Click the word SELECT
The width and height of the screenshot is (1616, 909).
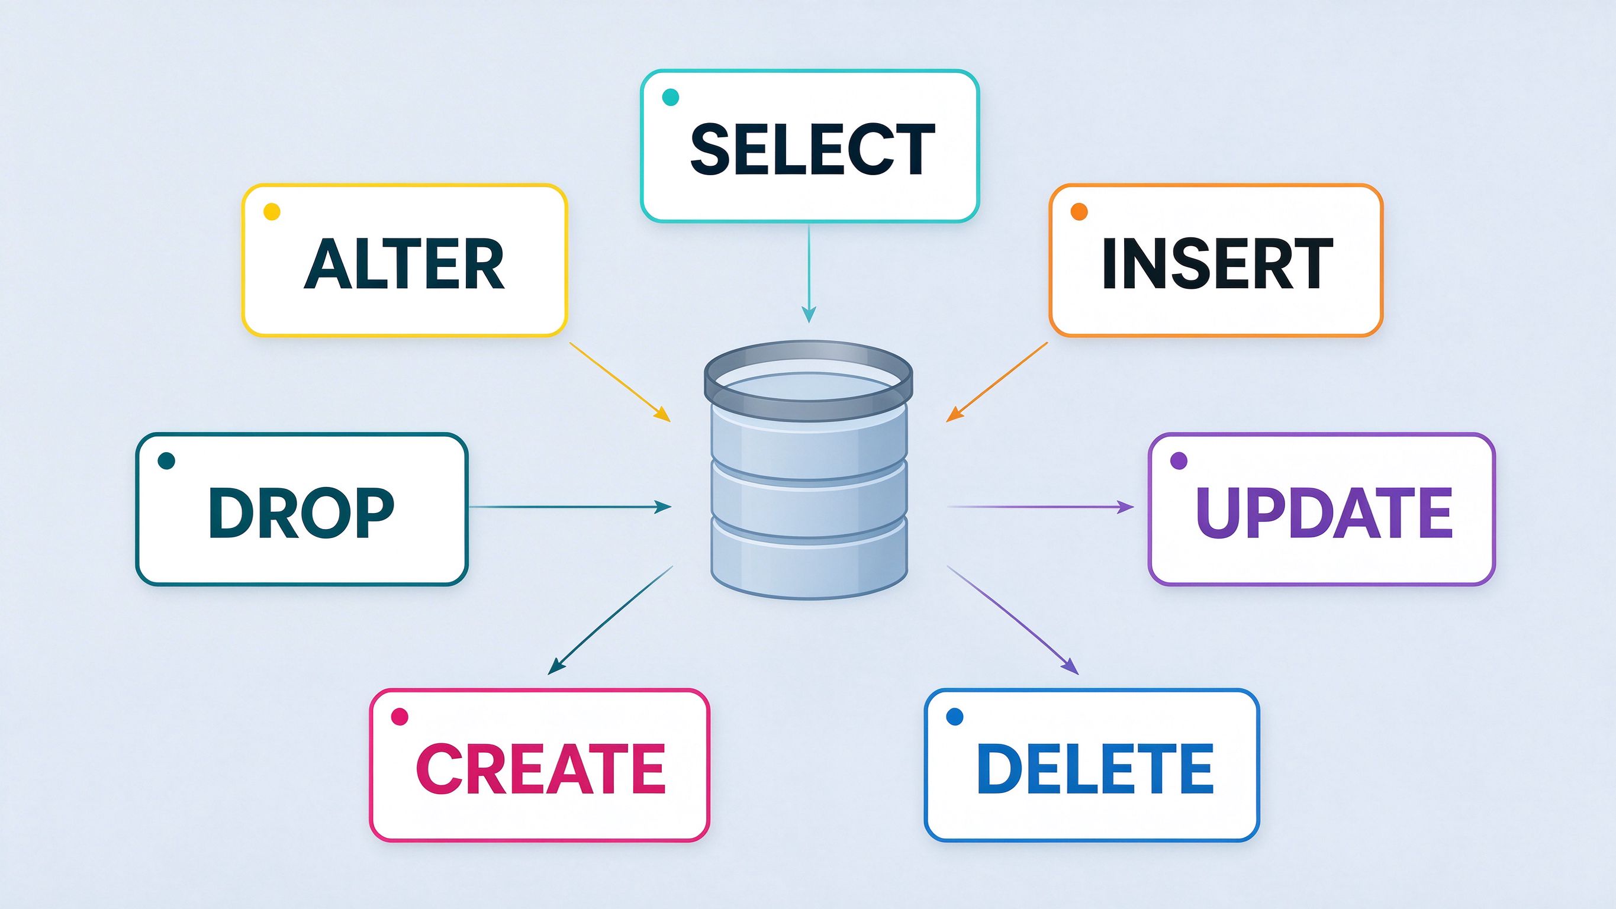[x=812, y=149]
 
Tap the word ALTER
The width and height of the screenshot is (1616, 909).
[x=405, y=263]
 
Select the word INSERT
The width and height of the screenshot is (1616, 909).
[x=1217, y=263]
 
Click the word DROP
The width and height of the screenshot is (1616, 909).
[x=301, y=512]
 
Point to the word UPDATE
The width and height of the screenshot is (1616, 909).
[x=1324, y=512]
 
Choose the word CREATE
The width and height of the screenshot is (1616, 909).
[x=540, y=769]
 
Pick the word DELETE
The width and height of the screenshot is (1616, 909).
[x=1094, y=769]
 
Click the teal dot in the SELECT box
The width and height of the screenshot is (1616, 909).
[x=671, y=97]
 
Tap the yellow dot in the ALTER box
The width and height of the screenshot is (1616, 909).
[x=272, y=211]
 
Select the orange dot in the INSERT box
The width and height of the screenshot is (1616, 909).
[x=1079, y=211]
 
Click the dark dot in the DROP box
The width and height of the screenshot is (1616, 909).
[x=166, y=461]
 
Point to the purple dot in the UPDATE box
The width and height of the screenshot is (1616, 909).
[x=1179, y=461]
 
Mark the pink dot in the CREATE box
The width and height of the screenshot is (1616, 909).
[x=400, y=717]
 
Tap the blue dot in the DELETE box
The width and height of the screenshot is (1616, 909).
[x=954, y=717]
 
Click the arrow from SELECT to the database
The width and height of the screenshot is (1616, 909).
[x=809, y=273]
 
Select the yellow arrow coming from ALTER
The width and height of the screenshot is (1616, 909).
[x=620, y=382]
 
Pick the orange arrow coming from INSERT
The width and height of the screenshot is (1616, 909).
[x=997, y=382]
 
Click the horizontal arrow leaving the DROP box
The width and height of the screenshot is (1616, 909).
[x=570, y=506]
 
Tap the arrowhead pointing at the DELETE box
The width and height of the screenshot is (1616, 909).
[x=1070, y=668]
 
